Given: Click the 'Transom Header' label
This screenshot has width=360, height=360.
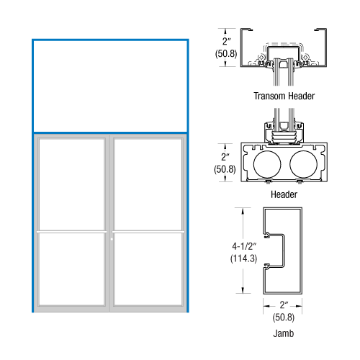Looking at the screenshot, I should click(x=284, y=95).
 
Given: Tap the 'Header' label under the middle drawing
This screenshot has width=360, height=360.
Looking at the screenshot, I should click(x=284, y=194).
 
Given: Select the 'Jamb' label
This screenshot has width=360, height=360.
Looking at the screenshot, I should click(x=283, y=334).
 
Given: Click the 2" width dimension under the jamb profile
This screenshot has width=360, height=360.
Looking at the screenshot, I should click(x=283, y=305).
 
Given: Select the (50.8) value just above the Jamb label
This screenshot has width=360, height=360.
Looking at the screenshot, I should click(x=283, y=318).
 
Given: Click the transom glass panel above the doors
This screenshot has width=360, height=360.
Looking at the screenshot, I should click(x=110, y=86).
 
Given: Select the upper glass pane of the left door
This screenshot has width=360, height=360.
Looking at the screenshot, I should click(x=72, y=184).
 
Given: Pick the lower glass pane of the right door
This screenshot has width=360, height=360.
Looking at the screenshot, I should click(x=148, y=269).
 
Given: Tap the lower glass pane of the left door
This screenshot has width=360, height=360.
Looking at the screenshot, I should click(x=72, y=269).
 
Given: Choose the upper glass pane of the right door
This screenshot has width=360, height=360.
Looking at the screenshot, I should click(x=148, y=184).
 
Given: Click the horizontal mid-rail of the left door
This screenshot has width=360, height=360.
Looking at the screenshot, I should click(x=72, y=231).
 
